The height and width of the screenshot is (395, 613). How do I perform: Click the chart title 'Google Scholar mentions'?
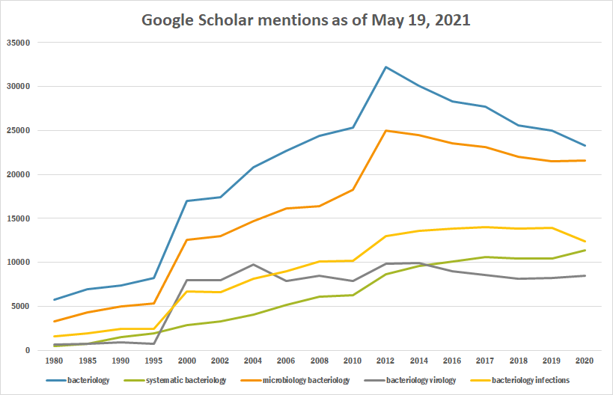coord(306,20)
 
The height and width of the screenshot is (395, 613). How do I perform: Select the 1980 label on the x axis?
coord(53,361)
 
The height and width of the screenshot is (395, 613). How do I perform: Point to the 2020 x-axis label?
coord(585,361)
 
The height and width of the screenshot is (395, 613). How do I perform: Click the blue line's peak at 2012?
coord(385,67)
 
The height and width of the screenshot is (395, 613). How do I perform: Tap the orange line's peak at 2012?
coord(385,130)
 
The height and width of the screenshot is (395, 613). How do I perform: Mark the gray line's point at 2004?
coord(253,264)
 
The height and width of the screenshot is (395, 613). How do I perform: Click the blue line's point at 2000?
coord(186,200)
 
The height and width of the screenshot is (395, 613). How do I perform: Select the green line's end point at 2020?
coord(585,250)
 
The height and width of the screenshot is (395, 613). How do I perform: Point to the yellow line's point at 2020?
coord(585,241)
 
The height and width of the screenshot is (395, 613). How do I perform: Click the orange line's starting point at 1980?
coord(53,322)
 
